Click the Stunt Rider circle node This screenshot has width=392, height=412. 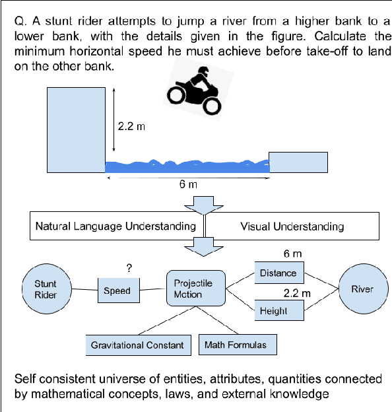pyautogui.click(x=45, y=290)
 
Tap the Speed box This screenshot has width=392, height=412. pyautogui.click(x=117, y=291)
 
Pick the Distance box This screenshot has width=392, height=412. pyautogui.click(x=278, y=273)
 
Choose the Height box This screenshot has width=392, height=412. pyautogui.click(x=273, y=310)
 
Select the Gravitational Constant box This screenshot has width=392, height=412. pyautogui.click(x=137, y=345)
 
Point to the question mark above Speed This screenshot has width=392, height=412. pyautogui.click(x=129, y=267)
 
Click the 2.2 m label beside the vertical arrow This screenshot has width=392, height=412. pyautogui.click(x=131, y=126)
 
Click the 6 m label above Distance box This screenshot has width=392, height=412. pyautogui.click(x=292, y=254)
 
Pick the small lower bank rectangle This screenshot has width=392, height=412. pyautogui.click(x=298, y=163)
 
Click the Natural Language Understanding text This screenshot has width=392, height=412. pyautogui.click(x=115, y=226)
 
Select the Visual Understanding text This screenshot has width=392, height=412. pyautogui.click(x=292, y=226)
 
